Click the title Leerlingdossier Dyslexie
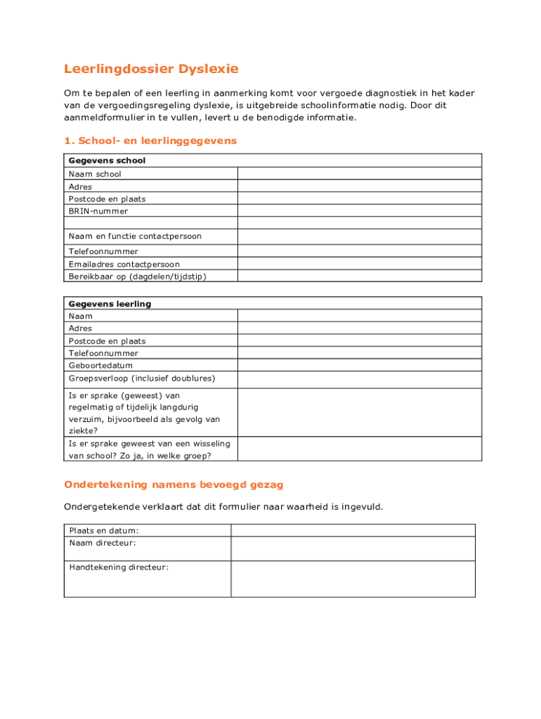151,69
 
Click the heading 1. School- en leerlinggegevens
150,141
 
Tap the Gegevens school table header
107,161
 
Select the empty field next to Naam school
360,173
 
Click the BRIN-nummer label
98,211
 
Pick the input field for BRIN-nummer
360,211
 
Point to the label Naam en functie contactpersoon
135,236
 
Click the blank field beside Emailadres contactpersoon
360,264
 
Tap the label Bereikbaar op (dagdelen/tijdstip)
138,277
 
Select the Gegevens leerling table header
110,304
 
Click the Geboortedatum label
100,366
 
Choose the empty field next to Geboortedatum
360,365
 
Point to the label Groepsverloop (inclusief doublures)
142,378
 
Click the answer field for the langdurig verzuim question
360,413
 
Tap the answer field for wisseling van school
360,449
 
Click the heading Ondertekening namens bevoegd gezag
174,484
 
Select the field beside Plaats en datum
353,530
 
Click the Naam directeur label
103,543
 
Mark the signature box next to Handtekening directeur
353,579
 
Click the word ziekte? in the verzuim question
83,431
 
